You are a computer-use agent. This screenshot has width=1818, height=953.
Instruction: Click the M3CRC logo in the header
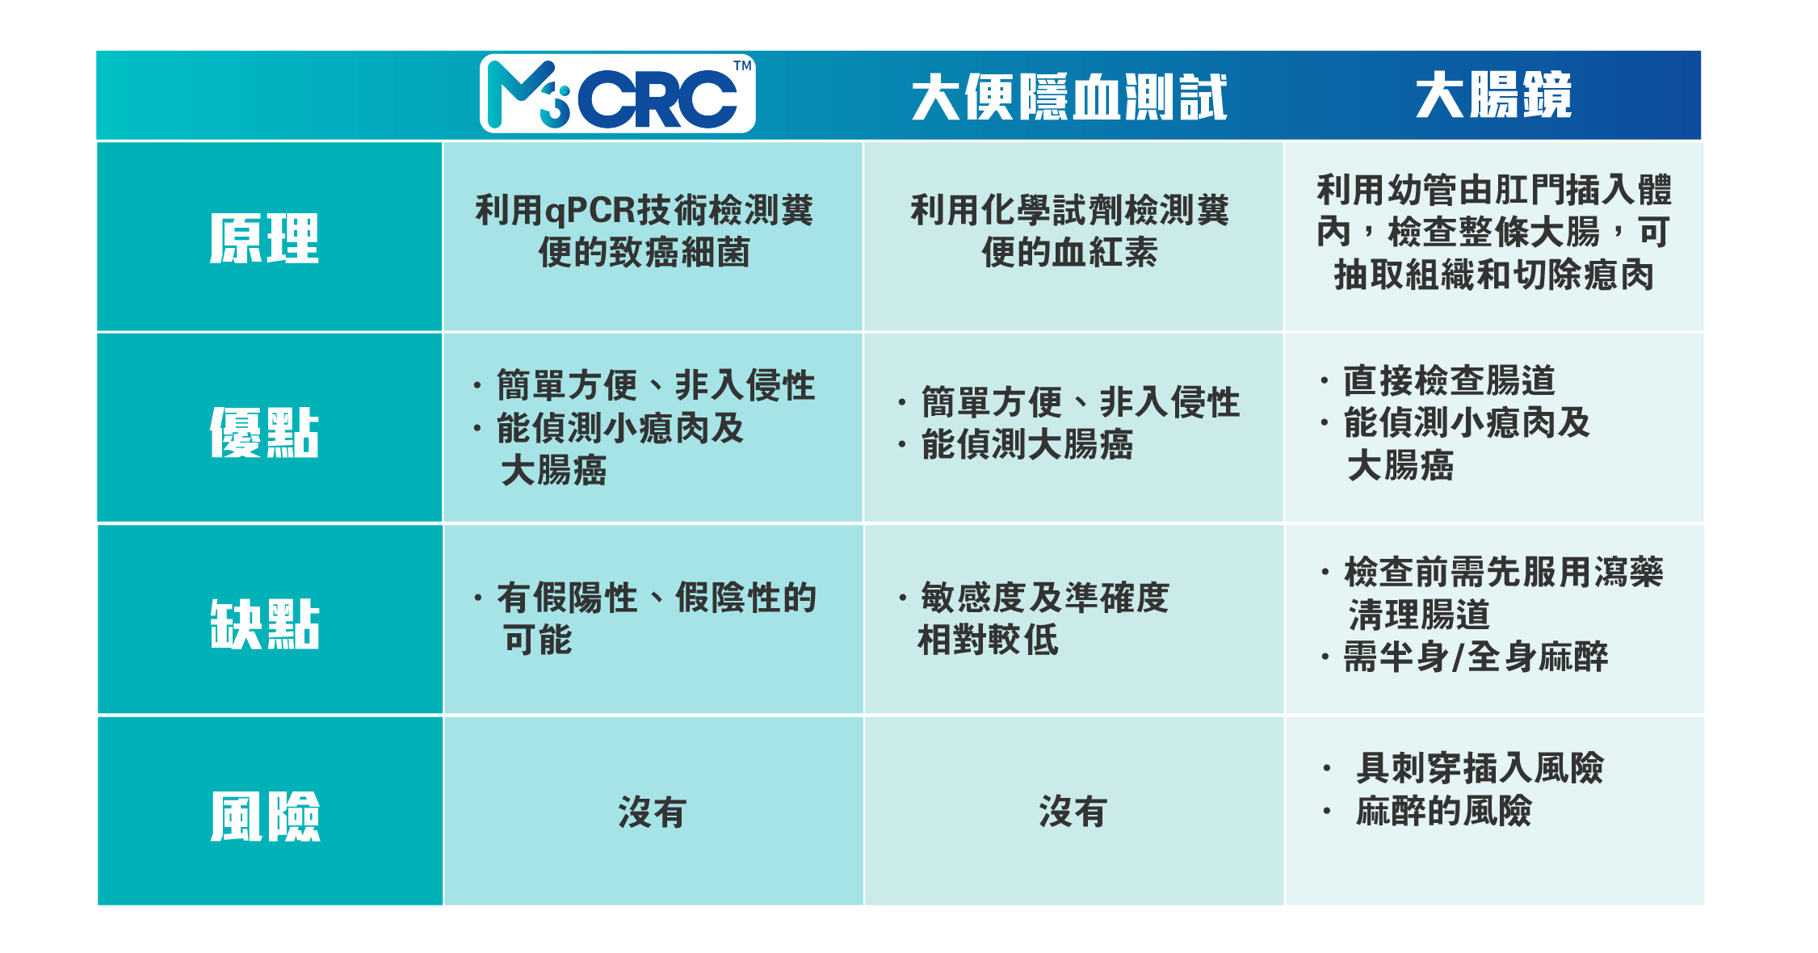(618, 94)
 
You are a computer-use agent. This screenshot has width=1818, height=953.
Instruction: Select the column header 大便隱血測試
(1069, 97)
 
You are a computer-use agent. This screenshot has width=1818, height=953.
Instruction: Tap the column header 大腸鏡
(1493, 95)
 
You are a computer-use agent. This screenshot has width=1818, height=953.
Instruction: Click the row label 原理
(265, 238)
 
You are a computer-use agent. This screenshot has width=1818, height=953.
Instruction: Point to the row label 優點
(265, 432)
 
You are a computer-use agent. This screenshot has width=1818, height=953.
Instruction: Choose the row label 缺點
(265, 623)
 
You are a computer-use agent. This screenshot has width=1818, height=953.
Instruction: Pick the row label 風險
(265, 817)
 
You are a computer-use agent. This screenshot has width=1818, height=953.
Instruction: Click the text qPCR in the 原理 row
(590, 212)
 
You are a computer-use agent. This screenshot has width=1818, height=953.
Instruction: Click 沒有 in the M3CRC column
(653, 812)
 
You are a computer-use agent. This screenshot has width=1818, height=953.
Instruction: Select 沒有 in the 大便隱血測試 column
(1073, 812)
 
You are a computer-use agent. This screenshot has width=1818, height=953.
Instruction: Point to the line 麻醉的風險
(1443, 811)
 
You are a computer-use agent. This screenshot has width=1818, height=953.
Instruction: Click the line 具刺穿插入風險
(1480, 767)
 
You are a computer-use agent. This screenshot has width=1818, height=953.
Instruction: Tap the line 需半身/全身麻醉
(1476, 657)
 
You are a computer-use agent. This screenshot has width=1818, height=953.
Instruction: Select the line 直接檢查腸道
(1449, 380)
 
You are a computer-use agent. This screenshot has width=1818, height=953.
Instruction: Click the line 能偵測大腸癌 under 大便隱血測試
(1027, 444)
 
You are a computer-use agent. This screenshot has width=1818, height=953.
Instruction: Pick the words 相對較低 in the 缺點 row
(988, 640)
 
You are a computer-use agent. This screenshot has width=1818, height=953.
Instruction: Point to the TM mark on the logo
(742, 65)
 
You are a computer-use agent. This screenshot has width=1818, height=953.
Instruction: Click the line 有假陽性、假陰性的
(657, 598)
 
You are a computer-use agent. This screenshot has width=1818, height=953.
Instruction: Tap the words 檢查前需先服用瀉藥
(1503, 572)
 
